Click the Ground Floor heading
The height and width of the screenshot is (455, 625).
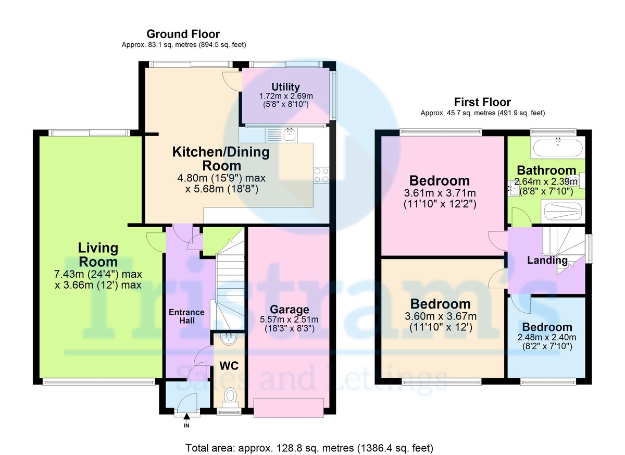[183, 34]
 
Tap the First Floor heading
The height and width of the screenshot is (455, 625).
[482, 102]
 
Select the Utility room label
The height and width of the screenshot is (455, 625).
[286, 87]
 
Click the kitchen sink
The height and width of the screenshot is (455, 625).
[290, 135]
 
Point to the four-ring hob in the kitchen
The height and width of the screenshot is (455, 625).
[321, 175]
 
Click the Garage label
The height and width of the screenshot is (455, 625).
[290, 310]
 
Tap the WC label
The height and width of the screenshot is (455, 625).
[229, 366]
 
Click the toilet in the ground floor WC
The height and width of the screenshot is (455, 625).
[230, 398]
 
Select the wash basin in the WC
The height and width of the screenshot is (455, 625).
[229, 339]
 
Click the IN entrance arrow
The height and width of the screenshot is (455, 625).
[186, 416]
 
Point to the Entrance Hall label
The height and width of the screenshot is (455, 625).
[186, 316]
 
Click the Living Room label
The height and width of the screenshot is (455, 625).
[98, 255]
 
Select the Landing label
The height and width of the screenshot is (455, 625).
[547, 261]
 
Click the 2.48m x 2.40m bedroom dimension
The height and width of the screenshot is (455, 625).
[547, 338]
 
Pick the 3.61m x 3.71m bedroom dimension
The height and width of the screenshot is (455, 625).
[440, 193]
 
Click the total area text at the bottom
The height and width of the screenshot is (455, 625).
[309, 448]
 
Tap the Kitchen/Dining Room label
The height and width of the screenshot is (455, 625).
[221, 159]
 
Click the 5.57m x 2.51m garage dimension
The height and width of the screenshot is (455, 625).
[289, 319]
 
